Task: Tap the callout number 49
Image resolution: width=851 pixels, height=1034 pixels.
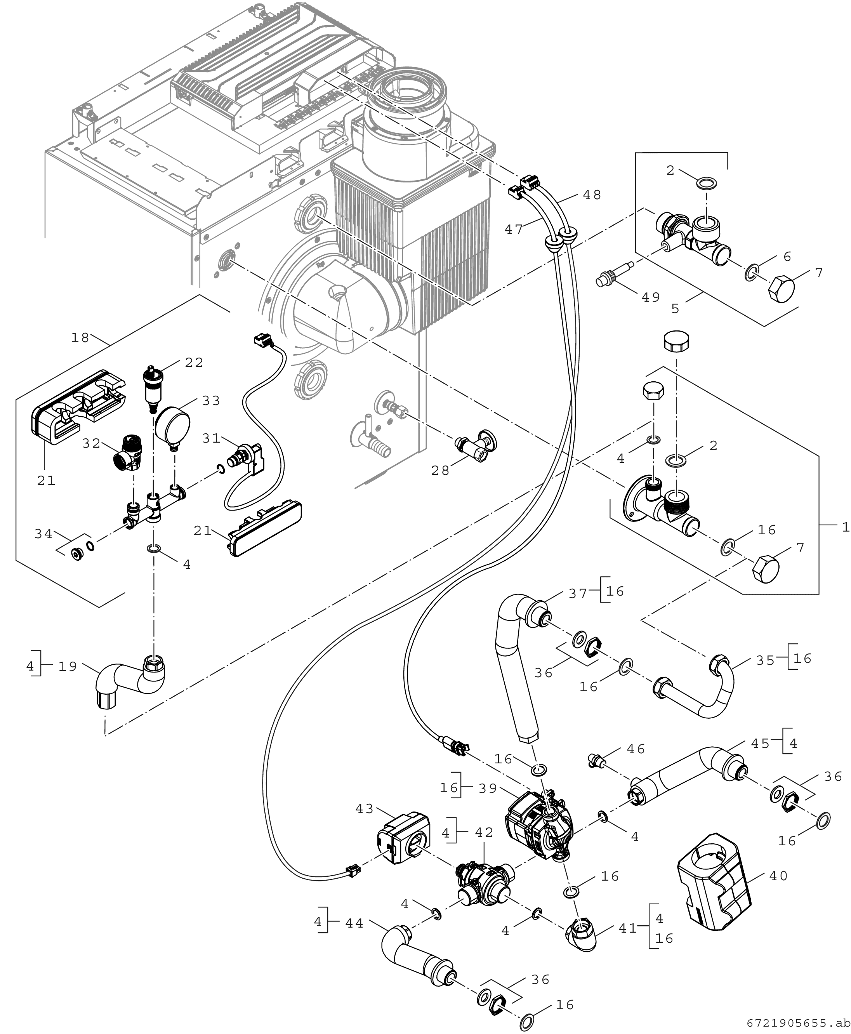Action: point(651,297)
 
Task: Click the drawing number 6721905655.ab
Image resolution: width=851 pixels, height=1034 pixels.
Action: point(799,1023)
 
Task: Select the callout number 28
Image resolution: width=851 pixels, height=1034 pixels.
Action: point(440,471)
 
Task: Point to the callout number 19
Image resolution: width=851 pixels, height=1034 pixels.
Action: point(68,666)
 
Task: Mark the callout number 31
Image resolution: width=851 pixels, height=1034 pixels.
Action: point(212,438)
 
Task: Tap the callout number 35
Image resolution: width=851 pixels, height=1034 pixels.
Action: point(765,660)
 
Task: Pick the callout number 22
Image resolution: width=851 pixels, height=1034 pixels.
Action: point(194,362)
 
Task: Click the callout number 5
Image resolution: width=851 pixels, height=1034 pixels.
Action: point(676,308)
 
